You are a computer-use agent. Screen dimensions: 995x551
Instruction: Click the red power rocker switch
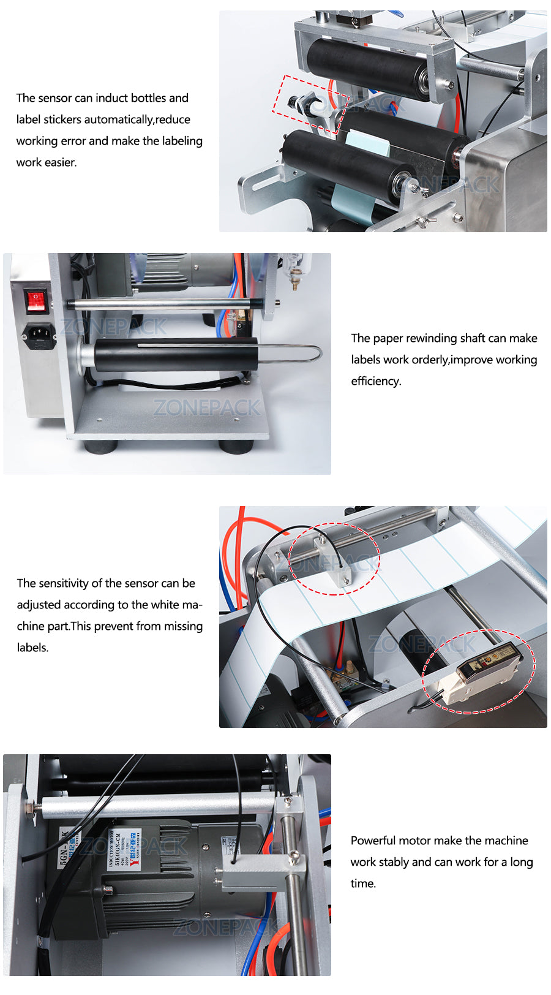click(36, 300)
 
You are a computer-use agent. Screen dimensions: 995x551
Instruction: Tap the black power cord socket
click(39, 334)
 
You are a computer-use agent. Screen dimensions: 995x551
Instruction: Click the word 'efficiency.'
click(376, 381)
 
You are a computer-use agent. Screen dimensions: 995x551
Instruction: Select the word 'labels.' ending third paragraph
click(32, 648)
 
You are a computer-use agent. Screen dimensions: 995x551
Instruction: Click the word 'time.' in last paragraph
click(363, 883)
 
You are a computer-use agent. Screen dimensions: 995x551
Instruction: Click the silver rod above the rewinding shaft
click(165, 303)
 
